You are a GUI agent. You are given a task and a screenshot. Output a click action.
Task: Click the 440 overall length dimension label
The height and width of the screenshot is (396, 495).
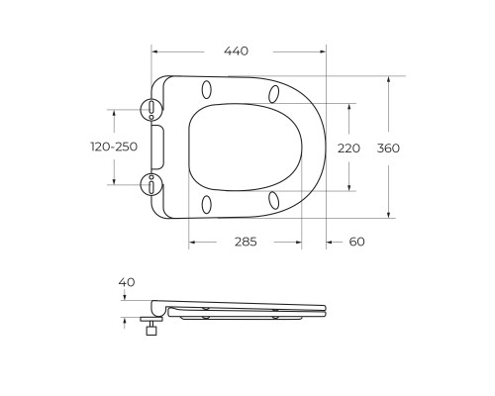point(236,50)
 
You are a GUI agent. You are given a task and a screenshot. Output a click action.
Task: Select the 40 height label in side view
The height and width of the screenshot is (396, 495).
point(126,282)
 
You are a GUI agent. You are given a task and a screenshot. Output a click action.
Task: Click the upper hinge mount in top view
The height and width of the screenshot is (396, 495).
point(151,109)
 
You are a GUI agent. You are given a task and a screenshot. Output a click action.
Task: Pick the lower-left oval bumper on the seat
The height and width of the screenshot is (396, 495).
point(206,205)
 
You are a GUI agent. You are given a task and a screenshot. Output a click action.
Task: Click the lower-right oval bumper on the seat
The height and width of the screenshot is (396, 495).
point(272,200)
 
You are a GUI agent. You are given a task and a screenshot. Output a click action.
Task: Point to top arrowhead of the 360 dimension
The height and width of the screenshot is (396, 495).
point(389,79)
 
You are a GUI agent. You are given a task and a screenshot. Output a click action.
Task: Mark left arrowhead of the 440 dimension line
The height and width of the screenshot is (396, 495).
point(155,50)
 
